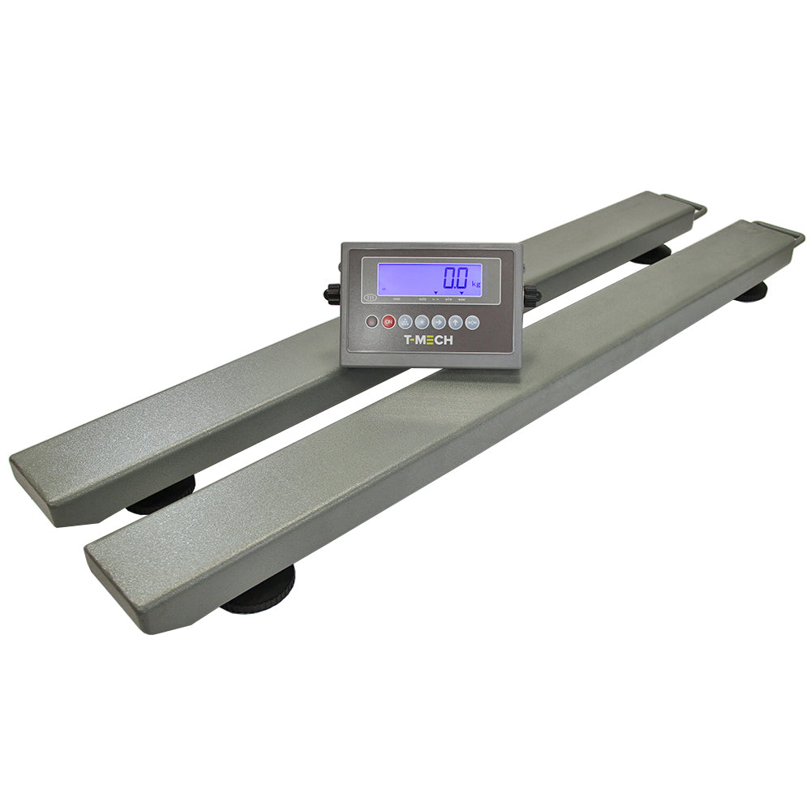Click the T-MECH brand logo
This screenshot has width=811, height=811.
[x=429, y=340]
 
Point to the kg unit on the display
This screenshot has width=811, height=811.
[x=476, y=284]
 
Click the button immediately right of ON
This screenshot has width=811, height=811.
[x=405, y=322]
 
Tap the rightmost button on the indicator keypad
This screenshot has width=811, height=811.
[x=473, y=322]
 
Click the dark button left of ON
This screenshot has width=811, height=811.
[x=372, y=322]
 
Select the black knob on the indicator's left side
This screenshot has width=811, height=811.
[x=333, y=293]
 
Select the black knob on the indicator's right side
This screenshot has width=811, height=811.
[x=531, y=296]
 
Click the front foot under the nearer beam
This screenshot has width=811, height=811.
[x=260, y=596]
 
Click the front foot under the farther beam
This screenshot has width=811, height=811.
[x=162, y=496]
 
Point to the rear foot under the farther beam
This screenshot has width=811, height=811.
[x=652, y=255]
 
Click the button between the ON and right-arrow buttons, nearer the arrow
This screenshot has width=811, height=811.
[x=421, y=322]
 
